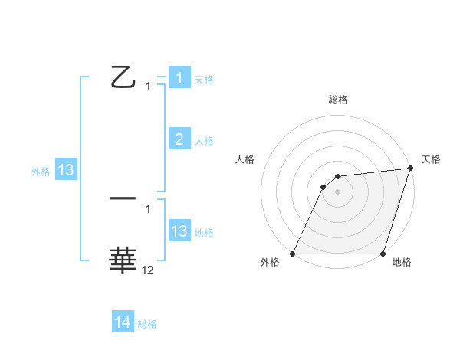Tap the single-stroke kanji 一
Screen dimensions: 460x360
point(123,198)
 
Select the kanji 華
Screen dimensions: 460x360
point(123,260)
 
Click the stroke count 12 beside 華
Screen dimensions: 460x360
point(148,270)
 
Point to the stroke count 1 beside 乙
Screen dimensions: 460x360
point(148,87)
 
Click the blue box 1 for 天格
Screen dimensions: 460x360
point(179,78)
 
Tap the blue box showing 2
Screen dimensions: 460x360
point(179,139)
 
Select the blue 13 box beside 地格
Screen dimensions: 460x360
point(179,231)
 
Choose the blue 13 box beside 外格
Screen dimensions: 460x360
point(65,170)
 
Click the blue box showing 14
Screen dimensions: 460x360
point(123,323)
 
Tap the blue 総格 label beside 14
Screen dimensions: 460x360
point(147,324)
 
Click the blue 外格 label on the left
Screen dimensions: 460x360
point(41,172)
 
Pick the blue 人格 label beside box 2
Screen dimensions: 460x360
point(204,141)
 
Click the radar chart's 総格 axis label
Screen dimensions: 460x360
point(338,100)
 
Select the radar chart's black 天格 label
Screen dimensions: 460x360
point(431,159)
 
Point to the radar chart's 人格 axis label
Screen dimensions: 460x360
point(245,159)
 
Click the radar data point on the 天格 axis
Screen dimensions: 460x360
point(411,169)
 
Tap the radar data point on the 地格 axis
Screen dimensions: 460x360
point(383,254)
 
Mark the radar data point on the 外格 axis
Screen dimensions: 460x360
point(293,254)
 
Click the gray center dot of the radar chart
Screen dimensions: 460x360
point(338,191)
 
